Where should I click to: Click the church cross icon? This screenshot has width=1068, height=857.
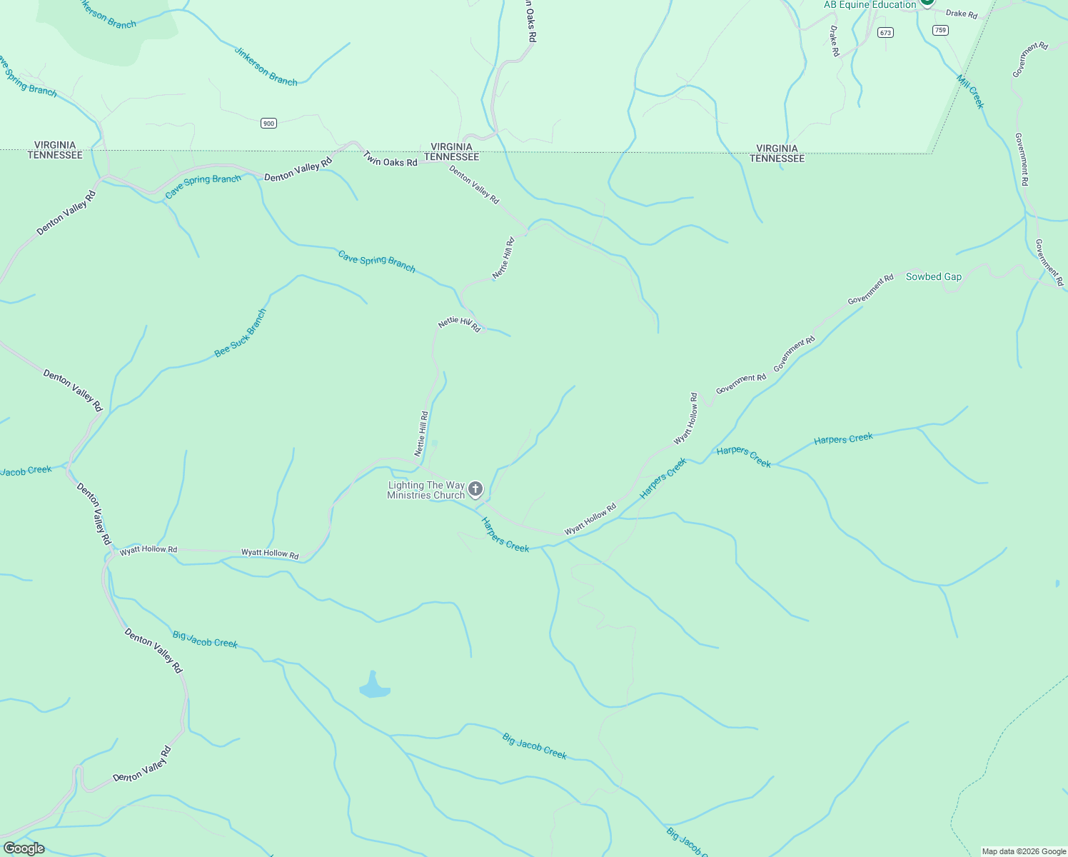click(x=475, y=489)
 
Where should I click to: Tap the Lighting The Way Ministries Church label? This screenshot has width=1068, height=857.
click(x=426, y=490)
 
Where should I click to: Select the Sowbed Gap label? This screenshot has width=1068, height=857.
click(x=933, y=277)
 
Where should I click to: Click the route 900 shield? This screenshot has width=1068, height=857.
click(x=268, y=124)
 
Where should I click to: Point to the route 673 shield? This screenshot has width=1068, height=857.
click(x=885, y=33)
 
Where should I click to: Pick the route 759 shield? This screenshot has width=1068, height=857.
click(x=940, y=30)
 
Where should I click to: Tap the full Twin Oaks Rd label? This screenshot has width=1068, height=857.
click(x=390, y=159)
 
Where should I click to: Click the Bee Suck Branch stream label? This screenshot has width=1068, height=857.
click(x=241, y=333)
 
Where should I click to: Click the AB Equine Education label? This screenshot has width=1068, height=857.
click(x=870, y=5)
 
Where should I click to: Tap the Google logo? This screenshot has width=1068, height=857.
click(x=24, y=848)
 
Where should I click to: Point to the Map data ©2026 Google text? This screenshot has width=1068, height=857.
click(x=1024, y=851)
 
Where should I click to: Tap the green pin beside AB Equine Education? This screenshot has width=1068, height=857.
click(x=927, y=2)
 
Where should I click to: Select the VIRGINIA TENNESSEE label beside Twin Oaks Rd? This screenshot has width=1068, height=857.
click(x=451, y=152)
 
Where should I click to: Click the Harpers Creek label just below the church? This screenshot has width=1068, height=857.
click(x=505, y=535)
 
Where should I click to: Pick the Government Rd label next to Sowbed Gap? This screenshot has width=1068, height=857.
click(x=870, y=290)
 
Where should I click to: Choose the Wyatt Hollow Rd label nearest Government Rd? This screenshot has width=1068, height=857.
click(x=686, y=418)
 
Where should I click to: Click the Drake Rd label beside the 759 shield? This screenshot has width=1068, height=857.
click(x=961, y=14)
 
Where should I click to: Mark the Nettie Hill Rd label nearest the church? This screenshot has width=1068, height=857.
click(x=422, y=433)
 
